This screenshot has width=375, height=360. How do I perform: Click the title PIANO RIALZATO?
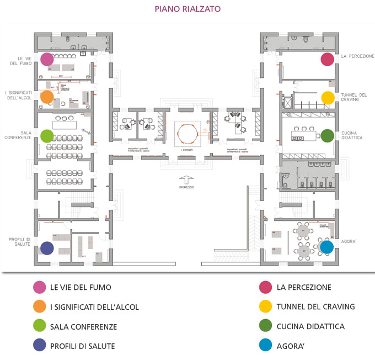tap(187, 9)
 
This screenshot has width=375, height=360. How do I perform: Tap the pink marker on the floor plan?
tap(47, 59)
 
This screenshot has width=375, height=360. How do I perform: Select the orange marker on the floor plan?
tap(47, 97)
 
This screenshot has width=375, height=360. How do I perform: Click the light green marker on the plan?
tap(47, 135)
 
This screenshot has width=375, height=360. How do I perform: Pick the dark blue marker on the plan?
tap(47, 248)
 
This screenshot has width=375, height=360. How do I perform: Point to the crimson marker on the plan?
tap(328, 59)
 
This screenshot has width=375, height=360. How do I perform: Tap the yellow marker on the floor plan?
tap(328, 98)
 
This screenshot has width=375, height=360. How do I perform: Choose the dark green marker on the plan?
tap(328, 135)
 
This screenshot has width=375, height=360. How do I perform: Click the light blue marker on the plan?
tap(327, 247)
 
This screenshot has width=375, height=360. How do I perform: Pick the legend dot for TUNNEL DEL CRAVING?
tap(266, 307)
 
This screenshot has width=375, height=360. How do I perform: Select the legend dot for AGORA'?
tap(266, 346)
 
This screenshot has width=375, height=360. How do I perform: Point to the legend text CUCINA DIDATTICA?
tap(310, 327)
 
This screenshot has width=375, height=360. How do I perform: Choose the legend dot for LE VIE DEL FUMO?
tap(39, 287)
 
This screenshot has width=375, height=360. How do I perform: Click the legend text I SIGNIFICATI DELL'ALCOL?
tap(94, 307)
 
